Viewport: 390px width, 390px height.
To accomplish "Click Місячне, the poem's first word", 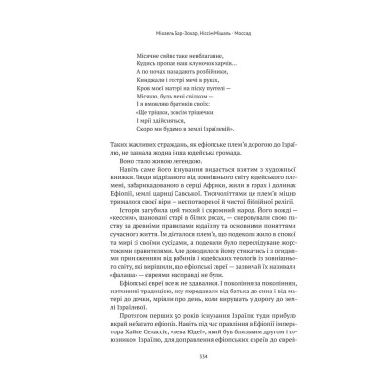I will click(x=140, y=56).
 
